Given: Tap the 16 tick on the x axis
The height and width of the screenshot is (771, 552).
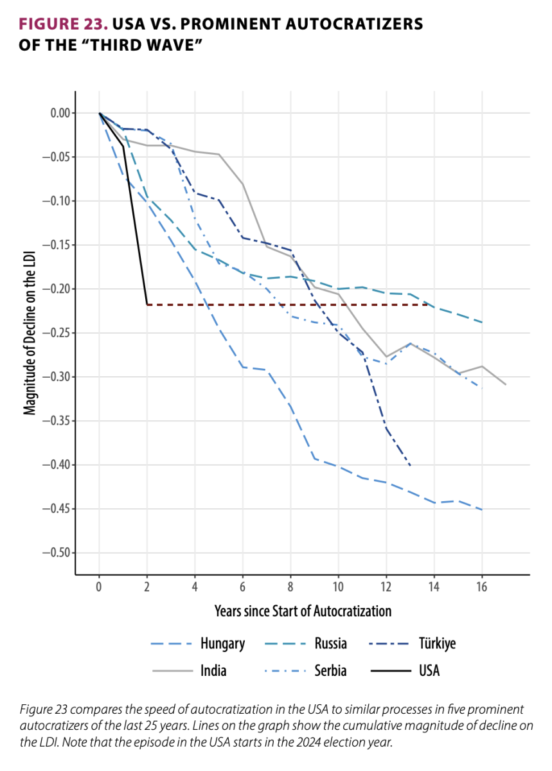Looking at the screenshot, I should pyautogui.click(x=482, y=587).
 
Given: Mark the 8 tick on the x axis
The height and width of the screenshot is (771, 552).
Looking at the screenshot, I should pyautogui.click(x=290, y=587).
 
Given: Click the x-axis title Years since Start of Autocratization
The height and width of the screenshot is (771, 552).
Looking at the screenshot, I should pyautogui.click(x=303, y=610).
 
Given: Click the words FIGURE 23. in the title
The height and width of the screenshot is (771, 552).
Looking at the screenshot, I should pyautogui.click(x=62, y=24).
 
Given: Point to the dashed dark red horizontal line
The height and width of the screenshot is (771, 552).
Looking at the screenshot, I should pyautogui.click(x=289, y=304).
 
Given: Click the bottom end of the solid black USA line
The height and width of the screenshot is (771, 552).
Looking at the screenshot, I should pyautogui.click(x=147, y=304).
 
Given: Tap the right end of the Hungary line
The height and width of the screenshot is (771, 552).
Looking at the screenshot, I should pyautogui.click(x=482, y=510).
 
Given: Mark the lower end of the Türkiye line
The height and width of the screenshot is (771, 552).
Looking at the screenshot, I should pyautogui.click(x=410, y=465).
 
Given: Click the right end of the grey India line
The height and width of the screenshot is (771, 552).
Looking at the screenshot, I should pyautogui.click(x=506, y=384).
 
